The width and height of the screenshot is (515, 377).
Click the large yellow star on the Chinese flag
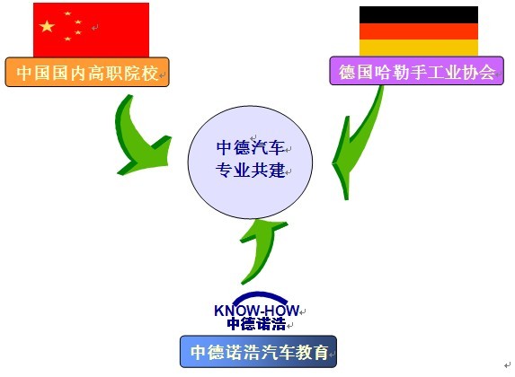[47, 26]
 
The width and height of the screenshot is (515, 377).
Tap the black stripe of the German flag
[419, 14]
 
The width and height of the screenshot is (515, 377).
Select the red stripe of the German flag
[419, 31]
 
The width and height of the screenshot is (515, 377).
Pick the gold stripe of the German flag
[419, 48]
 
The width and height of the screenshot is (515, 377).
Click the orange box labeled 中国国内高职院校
[87, 72]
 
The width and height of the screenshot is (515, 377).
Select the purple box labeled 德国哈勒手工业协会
[416, 71]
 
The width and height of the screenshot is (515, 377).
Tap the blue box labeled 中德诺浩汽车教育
[258, 351]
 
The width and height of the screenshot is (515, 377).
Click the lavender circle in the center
[250, 162]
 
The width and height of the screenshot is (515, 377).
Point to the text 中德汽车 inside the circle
[250, 147]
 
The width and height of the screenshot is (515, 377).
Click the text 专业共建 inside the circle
[250, 171]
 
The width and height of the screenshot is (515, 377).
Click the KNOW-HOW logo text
[256, 311]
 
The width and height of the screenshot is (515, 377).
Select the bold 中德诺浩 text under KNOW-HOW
[256, 323]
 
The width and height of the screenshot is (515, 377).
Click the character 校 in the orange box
[150, 73]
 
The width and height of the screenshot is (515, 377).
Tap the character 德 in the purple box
[348, 72]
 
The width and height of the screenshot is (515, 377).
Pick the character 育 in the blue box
[320, 352]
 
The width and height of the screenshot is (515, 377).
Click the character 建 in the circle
[276, 171]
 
